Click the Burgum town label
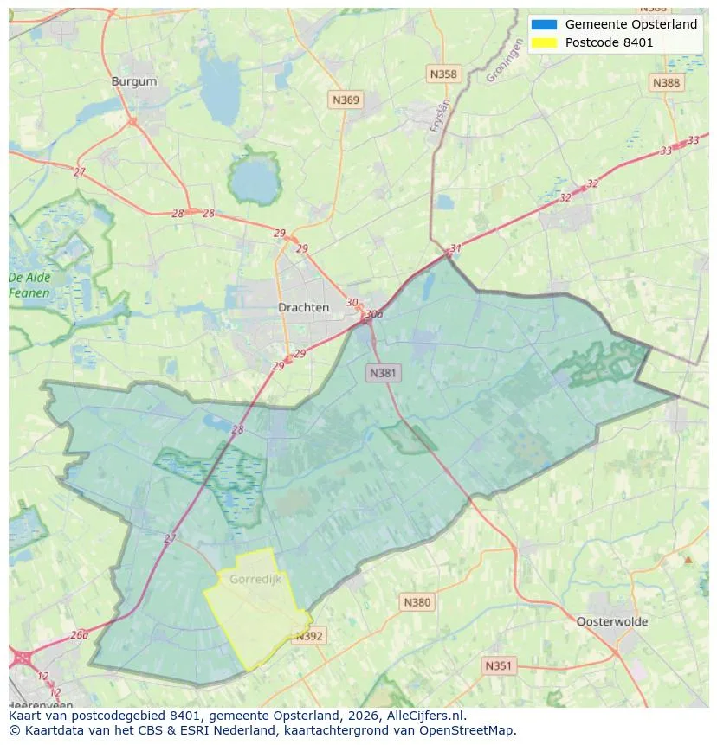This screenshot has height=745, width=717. click(134, 81)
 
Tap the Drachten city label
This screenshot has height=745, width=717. click(303, 307)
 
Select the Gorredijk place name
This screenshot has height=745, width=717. click(255, 579)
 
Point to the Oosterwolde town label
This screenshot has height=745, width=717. click(611, 621)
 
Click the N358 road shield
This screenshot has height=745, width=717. click(442, 74)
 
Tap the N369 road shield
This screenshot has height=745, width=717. click(346, 100)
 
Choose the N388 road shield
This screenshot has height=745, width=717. click(666, 82)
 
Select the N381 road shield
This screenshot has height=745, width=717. click(383, 373)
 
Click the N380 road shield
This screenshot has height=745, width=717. click(417, 602)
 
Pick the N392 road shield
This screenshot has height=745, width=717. click(309, 636)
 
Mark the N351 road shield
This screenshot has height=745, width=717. click(498, 665)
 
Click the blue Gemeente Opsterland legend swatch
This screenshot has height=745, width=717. click(545, 24)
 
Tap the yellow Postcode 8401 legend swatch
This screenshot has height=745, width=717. click(545, 42)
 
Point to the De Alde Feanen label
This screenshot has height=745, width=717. click(29, 286)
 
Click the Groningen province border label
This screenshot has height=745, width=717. click(504, 64)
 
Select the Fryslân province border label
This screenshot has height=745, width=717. click(441, 115)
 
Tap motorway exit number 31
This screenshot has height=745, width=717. click(455, 248)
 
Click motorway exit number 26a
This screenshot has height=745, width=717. click(80, 634)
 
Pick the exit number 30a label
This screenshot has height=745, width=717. click(374, 314)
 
